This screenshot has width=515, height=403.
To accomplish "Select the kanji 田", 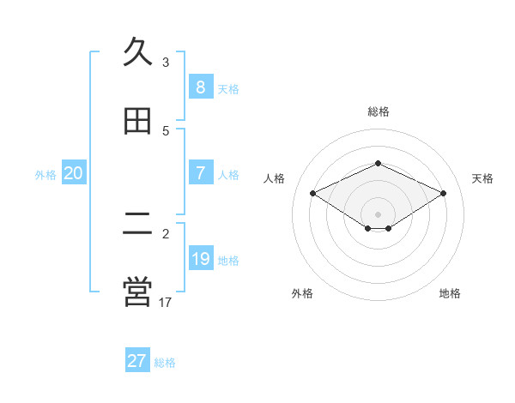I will coord(137,122).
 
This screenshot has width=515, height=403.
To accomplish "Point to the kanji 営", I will coord(137,292).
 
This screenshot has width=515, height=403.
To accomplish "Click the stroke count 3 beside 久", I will coord(166,63).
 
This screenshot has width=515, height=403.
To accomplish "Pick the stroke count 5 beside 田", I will coord(166,131).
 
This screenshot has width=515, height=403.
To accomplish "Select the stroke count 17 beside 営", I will coord(166,302).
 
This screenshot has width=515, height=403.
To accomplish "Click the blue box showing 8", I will coord(200,87).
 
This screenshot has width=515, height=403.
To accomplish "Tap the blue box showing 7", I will coord(200,172).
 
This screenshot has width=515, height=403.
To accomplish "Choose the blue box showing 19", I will coord(200,258).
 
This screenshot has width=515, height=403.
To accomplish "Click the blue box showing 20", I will coord(73,173).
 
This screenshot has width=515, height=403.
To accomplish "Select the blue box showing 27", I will coord(136,361).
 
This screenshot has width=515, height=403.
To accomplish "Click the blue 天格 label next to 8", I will coord(228,88).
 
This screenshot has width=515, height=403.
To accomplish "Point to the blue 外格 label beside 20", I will coord(45,175).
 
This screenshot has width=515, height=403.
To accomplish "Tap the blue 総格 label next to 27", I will coord(165,363).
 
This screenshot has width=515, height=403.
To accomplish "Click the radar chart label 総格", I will coord(378,111).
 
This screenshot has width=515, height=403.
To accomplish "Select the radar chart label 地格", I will coord(450,293).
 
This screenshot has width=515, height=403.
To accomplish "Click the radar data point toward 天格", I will coord(443,194).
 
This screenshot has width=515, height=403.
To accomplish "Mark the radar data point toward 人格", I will coord(312,194).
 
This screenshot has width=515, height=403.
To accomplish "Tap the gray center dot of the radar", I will coord(378,214).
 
